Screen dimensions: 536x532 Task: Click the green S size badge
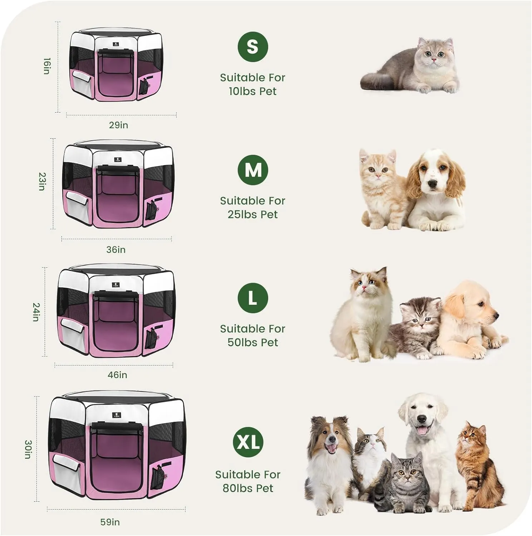tap(253, 46)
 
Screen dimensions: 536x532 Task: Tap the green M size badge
tap(253, 170)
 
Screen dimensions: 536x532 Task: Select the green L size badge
tap(253, 298)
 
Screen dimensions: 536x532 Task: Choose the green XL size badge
tap(248, 442)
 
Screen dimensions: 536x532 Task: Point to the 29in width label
tap(118, 125)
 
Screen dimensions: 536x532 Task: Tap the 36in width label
tap(116, 249)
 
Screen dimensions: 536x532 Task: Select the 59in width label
tap(110, 522)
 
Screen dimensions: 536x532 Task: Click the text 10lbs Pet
tap(252, 91)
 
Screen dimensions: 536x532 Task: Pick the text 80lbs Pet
tap(248, 488)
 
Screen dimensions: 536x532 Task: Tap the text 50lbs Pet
tap(252, 342)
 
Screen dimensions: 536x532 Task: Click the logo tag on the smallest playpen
tap(116, 45)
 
